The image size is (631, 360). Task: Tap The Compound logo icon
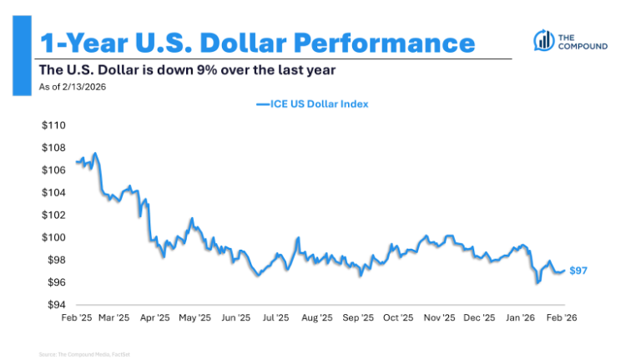(543, 39)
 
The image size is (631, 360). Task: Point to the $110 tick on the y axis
(53, 125)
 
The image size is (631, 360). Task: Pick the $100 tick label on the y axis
(53, 237)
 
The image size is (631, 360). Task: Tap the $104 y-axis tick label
(53, 192)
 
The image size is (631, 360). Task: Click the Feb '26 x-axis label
(562, 318)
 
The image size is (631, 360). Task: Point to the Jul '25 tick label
(276, 318)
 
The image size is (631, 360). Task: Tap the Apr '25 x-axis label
(156, 318)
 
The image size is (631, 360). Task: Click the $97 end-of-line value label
(579, 271)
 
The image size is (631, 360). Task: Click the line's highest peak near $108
(95, 154)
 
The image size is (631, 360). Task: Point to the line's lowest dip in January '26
(538, 283)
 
